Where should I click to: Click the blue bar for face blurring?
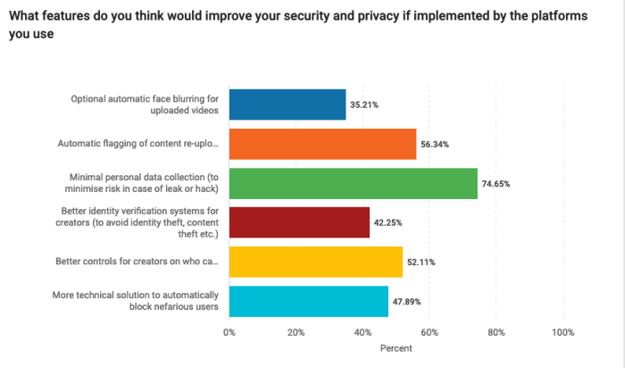pyautogui.click(x=287, y=105)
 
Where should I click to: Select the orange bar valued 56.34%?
pyautogui.click(x=322, y=144)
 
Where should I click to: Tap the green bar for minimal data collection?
pyautogui.click(x=353, y=183)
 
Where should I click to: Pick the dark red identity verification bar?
pyautogui.click(x=299, y=222)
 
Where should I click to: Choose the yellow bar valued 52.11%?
pyautogui.click(x=316, y=262)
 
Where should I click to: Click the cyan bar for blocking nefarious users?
pyautogui.click(x=309, y=301)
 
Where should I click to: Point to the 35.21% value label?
pyautogui.click(x=364, y=105)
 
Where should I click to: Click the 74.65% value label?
pyautogui.click(x=496, y=183)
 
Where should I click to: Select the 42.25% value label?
pyautogui.click(x=387, y=222)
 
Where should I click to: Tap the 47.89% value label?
pyautogui.click(x=406, y=301)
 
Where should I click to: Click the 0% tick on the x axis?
pyautogui.click(x=229, y=332)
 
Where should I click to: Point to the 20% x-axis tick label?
pyautogui.click(x=296, y=332)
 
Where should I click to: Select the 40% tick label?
pyautogui.click(x=362, y=332)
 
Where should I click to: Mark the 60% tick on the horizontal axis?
pyautogui.click(x=429, y=332)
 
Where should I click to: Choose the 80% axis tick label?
pyautogui.click(x=496, y=332)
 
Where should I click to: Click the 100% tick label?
pyautogui.click(x=562, y=332)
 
